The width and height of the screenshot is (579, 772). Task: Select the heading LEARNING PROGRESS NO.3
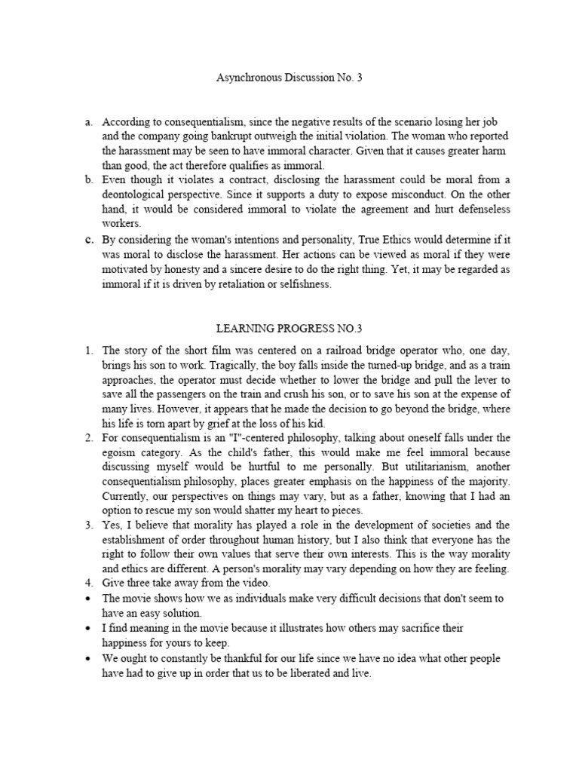pyautogui.click(x=290, y=329)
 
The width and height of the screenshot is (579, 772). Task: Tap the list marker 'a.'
pyautogui.click(x=88, y=121)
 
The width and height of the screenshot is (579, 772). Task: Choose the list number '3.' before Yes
pyautogui.click(x=88, y=525)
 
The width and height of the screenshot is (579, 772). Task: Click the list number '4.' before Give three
pyautogui.click(x=88, y=584)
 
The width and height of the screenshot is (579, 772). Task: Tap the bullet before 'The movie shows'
pyautogui.click(x=89, y=599)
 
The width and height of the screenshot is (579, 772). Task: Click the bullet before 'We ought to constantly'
pyautogui.click(x=89, y=658)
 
